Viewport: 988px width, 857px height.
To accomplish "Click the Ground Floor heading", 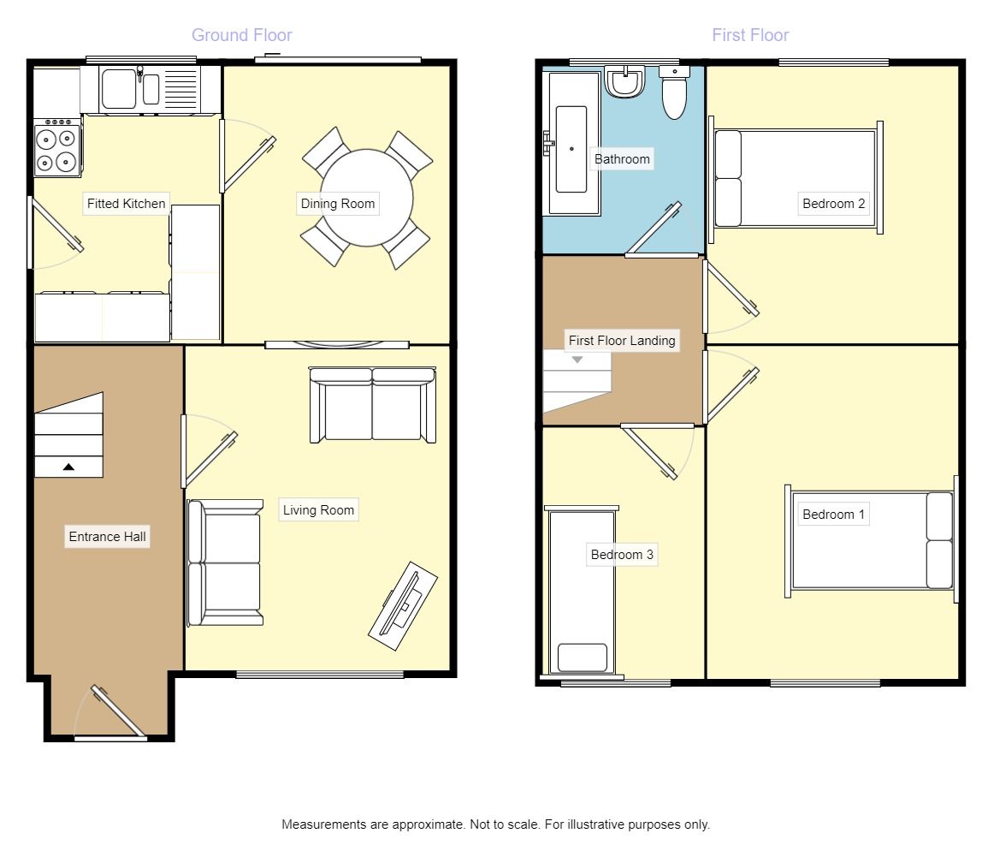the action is point(242,35).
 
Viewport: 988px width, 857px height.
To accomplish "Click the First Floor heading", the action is point(750,35).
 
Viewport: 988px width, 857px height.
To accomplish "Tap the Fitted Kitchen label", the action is point(126,204).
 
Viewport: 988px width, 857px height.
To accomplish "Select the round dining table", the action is point(367,198).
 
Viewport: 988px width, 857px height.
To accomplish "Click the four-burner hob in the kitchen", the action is point(57,148).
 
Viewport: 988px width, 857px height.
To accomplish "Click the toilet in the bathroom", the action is point(674,92).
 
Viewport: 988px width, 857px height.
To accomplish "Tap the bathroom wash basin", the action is point(624,81).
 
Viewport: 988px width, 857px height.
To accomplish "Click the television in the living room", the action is point(403,606).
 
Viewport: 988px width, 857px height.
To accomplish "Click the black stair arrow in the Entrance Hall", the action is point(68,467).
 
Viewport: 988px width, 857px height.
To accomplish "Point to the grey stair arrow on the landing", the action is point(577,360).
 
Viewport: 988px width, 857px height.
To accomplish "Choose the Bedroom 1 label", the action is point(833,515).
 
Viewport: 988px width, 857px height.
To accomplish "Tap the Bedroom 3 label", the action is point(622,555).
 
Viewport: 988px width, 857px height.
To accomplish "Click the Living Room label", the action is point(318,510).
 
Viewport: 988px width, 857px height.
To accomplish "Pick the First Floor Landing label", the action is point(622,341).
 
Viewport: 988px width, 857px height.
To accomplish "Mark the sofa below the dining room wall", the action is point(372,404).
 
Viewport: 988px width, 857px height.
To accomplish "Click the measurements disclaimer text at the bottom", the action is point(495,824).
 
